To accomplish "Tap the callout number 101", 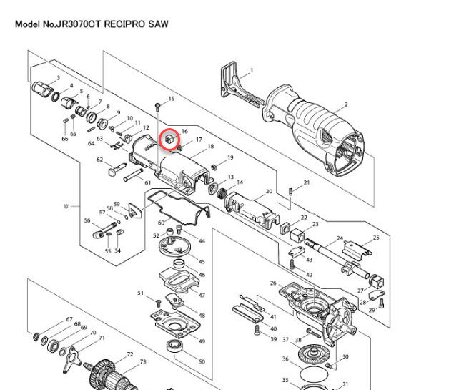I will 67,207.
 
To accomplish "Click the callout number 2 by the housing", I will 346,105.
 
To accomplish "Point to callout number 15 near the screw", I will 171,99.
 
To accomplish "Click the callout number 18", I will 211,146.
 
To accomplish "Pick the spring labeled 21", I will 291,190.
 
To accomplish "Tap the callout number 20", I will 269,192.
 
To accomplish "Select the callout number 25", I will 376,238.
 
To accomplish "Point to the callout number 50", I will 202,362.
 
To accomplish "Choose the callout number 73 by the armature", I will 142,362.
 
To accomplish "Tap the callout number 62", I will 101,160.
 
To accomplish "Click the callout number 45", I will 202,262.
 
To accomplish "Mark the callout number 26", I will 273,283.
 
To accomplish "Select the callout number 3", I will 58,77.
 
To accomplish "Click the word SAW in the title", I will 158,24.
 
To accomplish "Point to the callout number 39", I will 273,339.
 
